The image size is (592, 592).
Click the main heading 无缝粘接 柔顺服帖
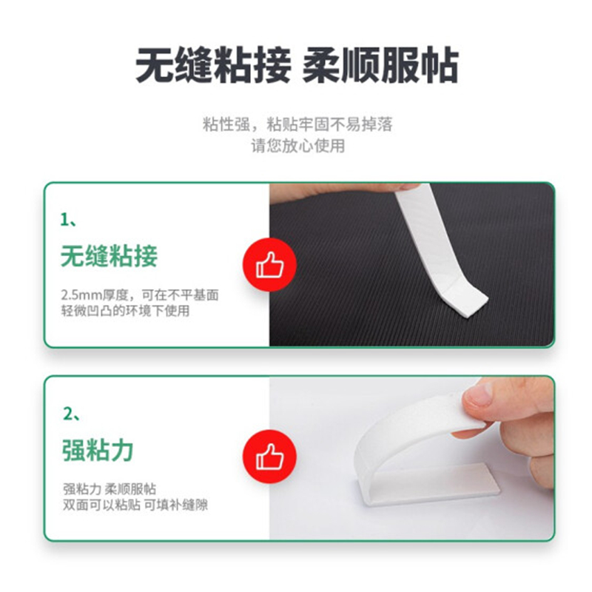297,65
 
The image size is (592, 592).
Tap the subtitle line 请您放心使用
298,146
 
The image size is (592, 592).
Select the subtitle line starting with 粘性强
297,124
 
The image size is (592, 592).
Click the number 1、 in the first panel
68,219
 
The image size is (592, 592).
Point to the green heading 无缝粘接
109,256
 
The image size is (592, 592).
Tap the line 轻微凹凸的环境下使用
125,311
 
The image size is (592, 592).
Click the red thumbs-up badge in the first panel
269,265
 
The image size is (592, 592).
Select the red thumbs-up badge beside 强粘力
269,456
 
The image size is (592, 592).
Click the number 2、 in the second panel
71,414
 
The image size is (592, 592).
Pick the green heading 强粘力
98,450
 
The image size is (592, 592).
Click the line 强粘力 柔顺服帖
110,489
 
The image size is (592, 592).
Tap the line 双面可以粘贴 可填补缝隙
135,505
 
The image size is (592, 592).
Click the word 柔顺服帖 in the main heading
380,65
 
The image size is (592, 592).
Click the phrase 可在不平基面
180,295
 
